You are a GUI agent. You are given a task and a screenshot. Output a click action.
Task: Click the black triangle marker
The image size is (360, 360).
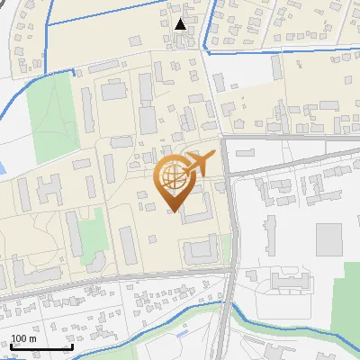[181, 24]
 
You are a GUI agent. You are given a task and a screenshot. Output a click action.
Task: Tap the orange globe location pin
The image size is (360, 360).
[173, 181]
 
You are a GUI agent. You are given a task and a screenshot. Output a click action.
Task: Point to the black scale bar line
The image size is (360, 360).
[41, 346]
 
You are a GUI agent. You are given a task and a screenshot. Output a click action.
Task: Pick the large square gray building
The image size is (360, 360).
[328, 238]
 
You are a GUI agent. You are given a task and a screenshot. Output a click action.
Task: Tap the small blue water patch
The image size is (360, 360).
[3, 167]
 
